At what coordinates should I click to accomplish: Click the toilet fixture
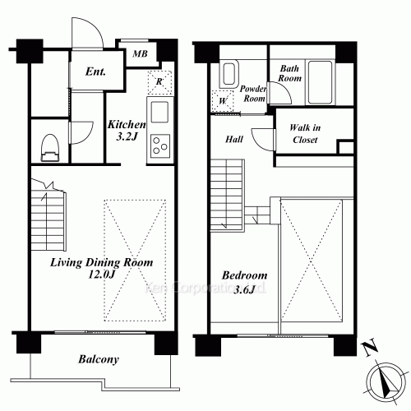tap(50, 147)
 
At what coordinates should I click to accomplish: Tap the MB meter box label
tap(140, 53)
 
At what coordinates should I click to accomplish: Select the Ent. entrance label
tap(95, 72)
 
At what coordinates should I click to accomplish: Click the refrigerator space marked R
tap(159, 82)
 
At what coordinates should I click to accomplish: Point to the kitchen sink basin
tap(159, 112)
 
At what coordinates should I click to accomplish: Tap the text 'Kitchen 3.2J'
tap(127, 130)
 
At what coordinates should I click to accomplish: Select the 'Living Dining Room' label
tap(102, 262)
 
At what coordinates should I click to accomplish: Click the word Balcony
tap(99, 359)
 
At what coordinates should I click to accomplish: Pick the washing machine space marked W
tap(223, 101)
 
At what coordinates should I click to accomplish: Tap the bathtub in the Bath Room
tap(320, 82)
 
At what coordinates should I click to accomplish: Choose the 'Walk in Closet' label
tap(305, 134)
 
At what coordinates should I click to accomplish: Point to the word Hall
tap(234, 140)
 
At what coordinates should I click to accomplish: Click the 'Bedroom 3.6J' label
tap(244, 282)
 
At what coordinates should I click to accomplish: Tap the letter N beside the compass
tap(370, 348)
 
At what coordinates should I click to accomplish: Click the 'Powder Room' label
tap(253, 94)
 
